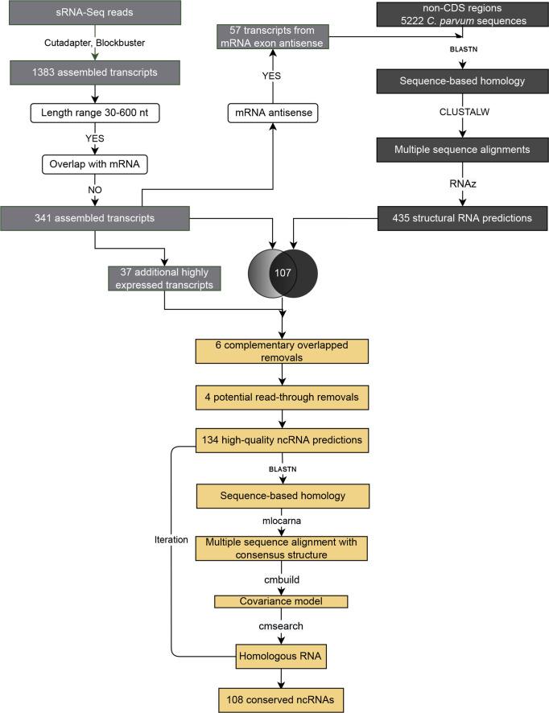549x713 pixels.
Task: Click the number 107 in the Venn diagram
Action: click(283, 273)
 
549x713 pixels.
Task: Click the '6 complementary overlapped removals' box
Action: click(283, 351)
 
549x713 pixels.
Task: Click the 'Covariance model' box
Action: click(282, 601)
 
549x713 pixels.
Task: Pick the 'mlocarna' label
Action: click(283, 520)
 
